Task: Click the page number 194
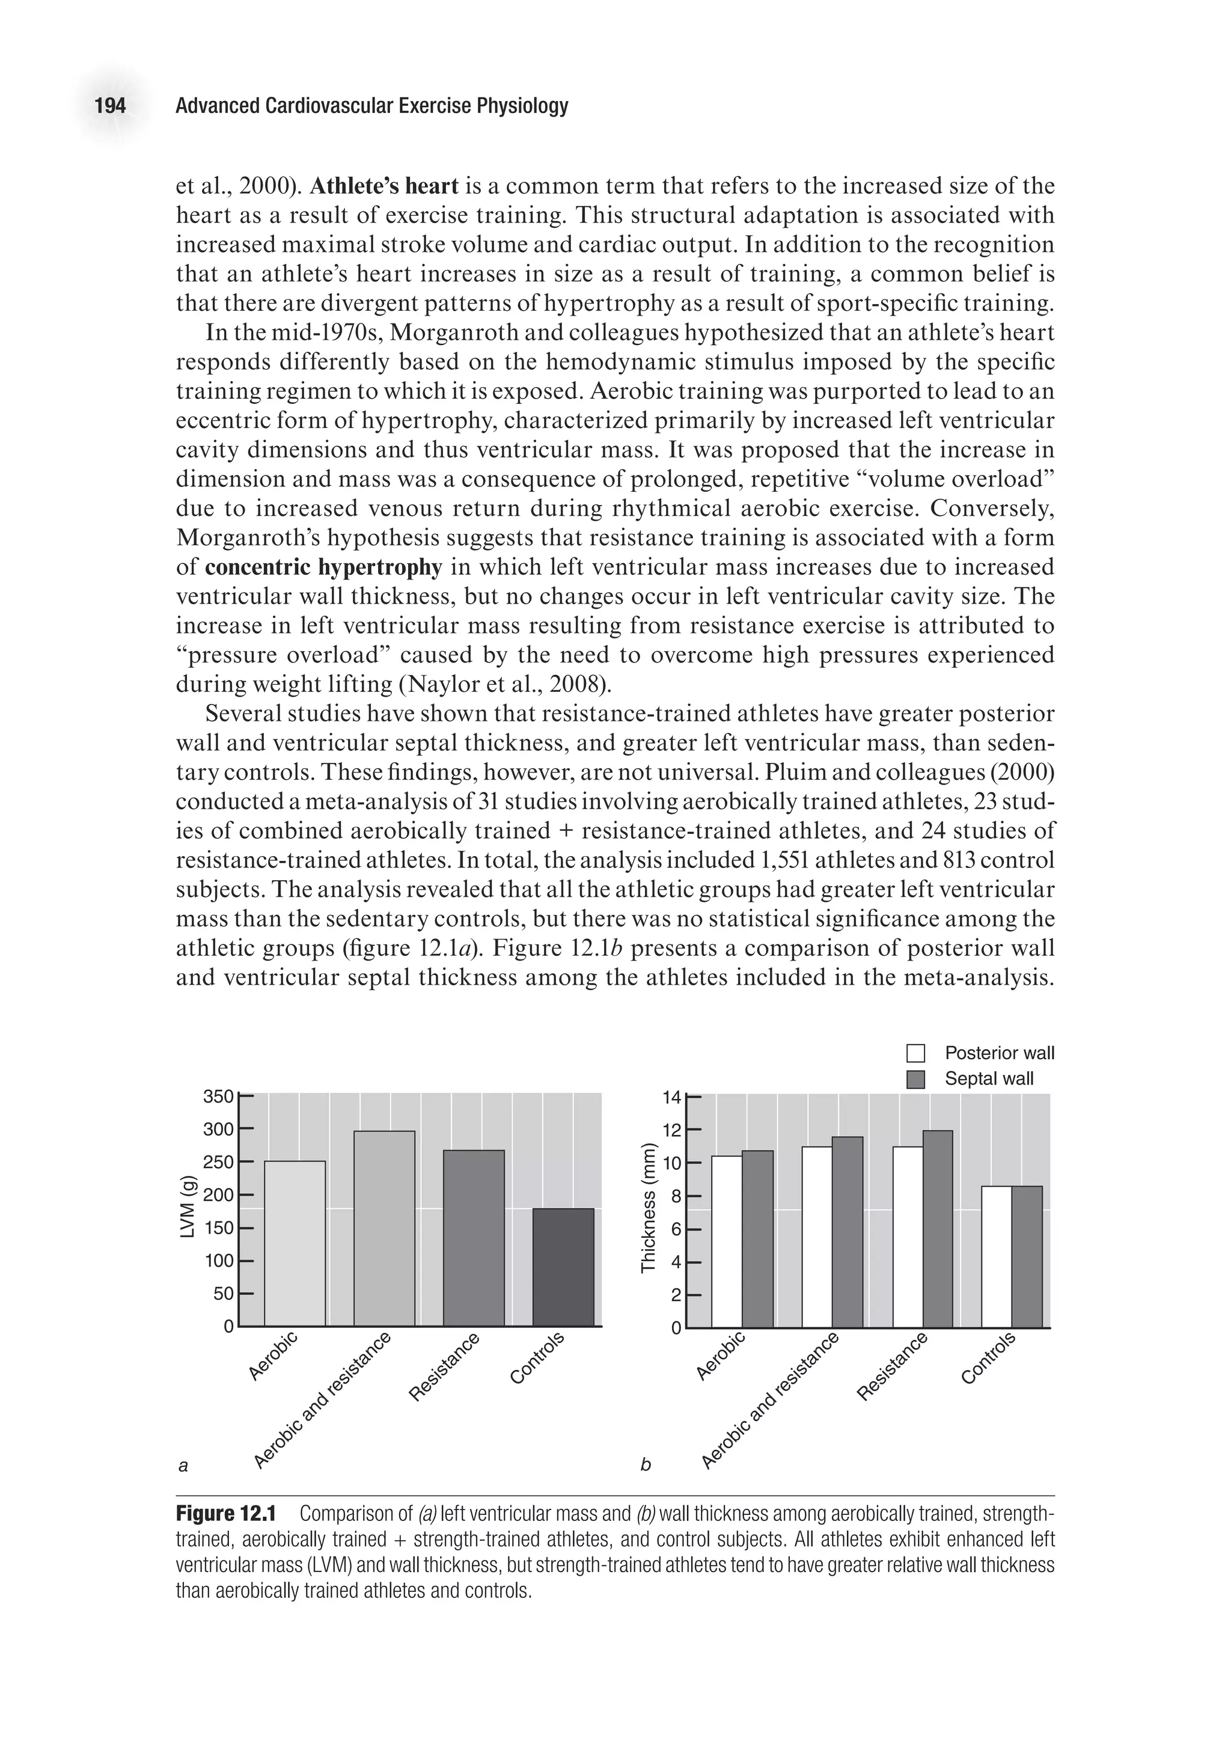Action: [109, 106]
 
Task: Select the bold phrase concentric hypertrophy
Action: [324, 567]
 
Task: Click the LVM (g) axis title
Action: [187, 1211]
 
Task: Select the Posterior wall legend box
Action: [915, 1053]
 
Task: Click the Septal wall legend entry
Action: [988, 1078]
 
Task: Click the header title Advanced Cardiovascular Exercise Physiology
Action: [371, 106]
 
